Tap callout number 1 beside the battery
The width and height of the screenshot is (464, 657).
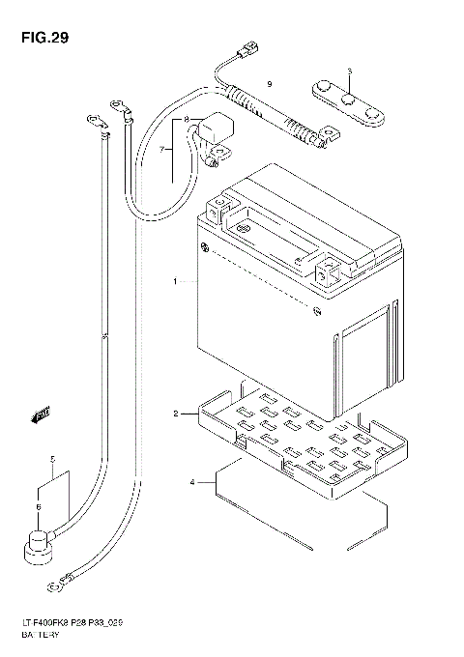(x=175, y=282)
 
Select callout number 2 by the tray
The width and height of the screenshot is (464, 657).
(x=175, y=414)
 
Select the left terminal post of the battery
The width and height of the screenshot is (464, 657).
(x=222, y=206)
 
